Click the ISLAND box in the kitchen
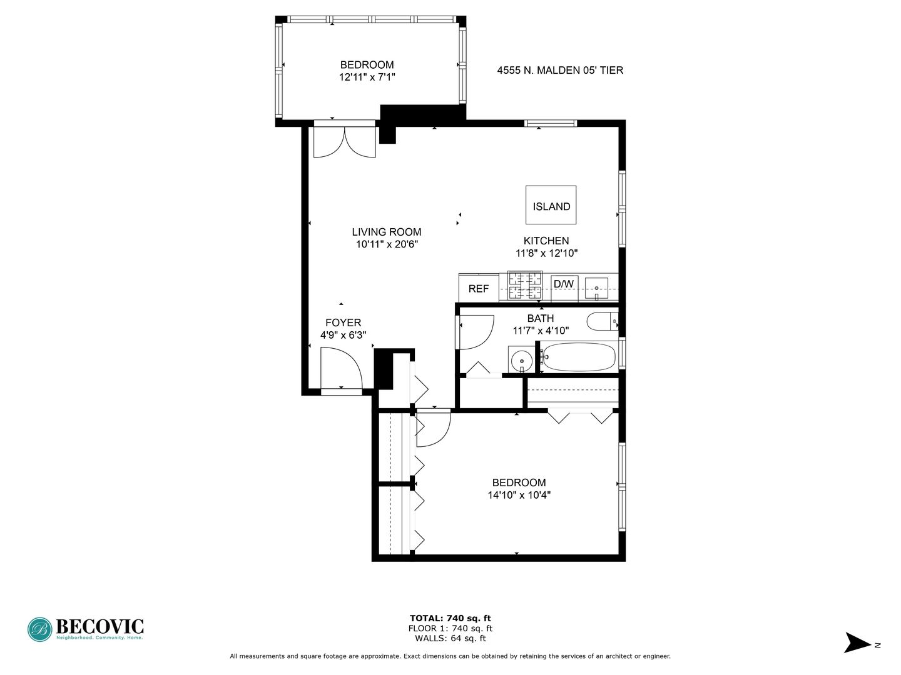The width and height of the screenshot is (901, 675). (551, 205)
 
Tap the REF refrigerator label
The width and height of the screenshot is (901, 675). (479, 289)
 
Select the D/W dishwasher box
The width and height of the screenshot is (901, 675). (564, 288)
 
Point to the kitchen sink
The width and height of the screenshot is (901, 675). (596, 287)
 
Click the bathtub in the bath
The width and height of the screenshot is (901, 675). (579, 356)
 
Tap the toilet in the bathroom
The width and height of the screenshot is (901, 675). (603, 321)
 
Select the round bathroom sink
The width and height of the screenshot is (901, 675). (522, 361)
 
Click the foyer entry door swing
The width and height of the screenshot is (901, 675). (342, 367)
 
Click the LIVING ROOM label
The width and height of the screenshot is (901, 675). (386, 232)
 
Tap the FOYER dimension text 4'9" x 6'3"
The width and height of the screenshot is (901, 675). (343, 335)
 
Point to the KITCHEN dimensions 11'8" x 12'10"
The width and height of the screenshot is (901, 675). (546, 253)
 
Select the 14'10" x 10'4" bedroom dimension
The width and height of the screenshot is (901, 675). (519, 495)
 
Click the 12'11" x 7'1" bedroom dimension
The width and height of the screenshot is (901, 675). (367, 77)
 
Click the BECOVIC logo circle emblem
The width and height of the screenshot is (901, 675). (40, 629)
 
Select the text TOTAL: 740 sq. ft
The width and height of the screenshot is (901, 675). (450, 618)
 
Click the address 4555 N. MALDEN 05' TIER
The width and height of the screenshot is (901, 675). (560, 71)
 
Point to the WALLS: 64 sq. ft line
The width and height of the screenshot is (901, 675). (450, 638)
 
